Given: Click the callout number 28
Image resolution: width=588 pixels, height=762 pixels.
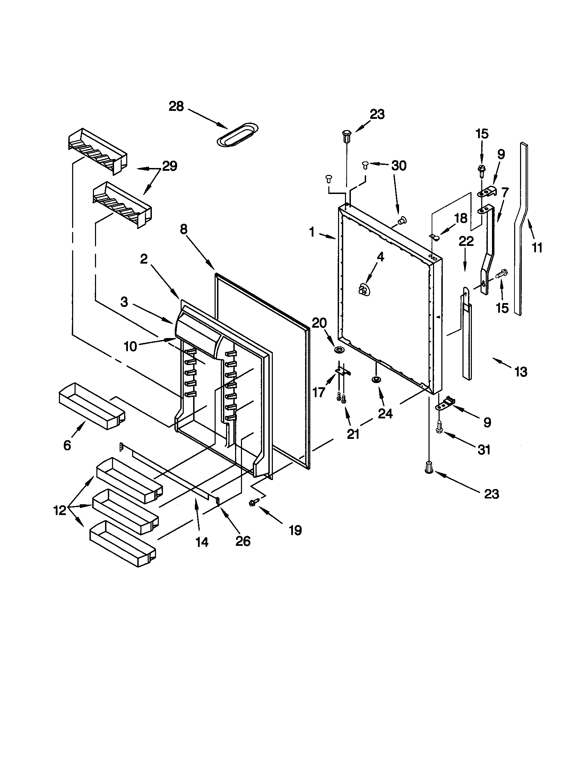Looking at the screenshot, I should [176, 106].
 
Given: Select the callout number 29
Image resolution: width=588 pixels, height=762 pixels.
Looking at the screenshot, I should [169, 166].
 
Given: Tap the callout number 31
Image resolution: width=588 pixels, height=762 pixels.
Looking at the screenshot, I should [484, 450].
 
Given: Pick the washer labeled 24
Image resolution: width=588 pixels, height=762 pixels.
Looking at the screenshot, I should [376, 379].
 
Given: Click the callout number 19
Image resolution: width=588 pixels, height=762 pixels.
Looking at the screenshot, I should [295, 531].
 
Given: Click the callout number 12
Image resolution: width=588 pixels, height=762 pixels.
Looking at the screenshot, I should [60, 511].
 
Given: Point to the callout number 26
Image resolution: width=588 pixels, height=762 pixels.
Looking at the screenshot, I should [243, 541].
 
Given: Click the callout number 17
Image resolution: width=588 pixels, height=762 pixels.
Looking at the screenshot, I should [318, 392].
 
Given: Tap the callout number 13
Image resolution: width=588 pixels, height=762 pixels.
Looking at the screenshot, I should [521, 372].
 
